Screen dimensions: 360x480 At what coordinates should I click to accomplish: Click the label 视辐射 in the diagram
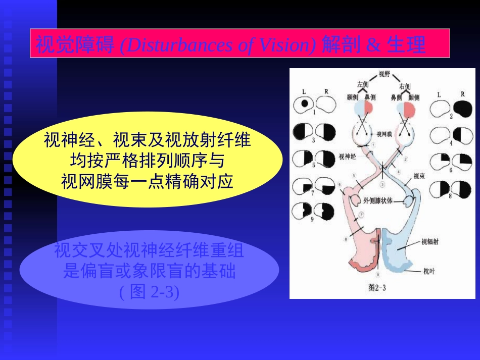tap(429, 242)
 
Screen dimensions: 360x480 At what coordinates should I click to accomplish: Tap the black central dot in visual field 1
tap(304, 104)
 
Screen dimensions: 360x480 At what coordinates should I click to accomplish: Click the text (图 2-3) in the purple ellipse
tap(149, 292)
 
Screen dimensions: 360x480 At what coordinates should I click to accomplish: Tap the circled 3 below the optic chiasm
tap(382, 184)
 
